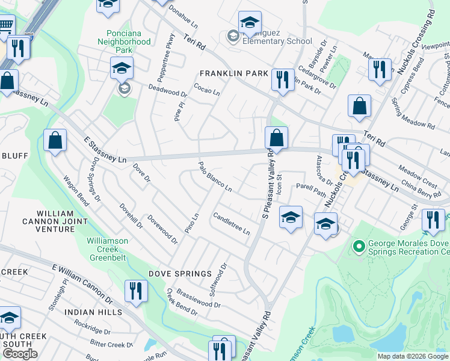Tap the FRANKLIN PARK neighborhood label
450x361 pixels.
point(234,73)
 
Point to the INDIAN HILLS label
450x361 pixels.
point(93,312)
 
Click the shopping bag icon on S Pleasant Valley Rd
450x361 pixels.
point(276,138)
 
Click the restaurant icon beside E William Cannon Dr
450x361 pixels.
point(136,291)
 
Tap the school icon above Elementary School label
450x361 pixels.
point(249,23)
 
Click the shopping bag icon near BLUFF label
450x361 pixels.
point(55,141)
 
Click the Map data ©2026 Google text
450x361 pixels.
point(413,356)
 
